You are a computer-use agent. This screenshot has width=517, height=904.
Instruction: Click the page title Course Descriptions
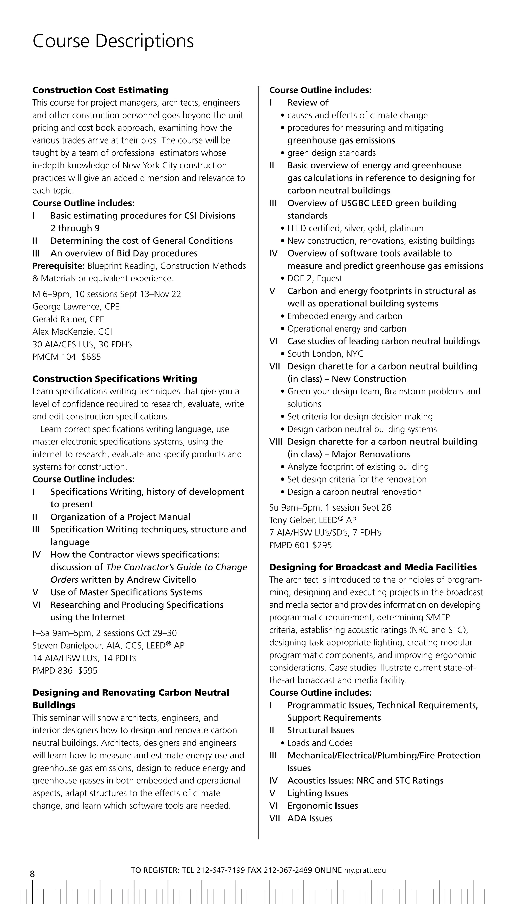[x=113, y=41]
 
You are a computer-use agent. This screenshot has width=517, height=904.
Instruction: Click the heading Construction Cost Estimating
[x=100, y=90]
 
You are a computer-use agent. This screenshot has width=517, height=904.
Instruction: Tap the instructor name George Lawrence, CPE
[x=76, y=306]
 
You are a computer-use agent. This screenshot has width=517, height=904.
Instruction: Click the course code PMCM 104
[x=54, y=357]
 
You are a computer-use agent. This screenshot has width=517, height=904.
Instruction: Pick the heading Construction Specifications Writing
[x=114, y=379]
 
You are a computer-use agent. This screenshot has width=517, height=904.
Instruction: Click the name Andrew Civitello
[x=166, y=580]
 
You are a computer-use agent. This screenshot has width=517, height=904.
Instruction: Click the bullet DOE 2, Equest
[x=314, y=278]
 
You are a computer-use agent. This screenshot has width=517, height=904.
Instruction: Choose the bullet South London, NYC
[x=325, y=354]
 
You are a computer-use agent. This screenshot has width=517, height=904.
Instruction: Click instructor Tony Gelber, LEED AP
[x=313, y=520]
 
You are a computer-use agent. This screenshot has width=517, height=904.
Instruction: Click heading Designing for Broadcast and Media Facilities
[x=373, y=567]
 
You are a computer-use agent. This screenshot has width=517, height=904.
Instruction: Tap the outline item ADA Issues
[x=310, y=818]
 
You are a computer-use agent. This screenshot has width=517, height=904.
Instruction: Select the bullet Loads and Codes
[x=320, y=743]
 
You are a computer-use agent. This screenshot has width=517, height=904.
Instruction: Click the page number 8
[x=32, y=873]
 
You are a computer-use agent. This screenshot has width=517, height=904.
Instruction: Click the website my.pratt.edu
[x=365, y=870]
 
